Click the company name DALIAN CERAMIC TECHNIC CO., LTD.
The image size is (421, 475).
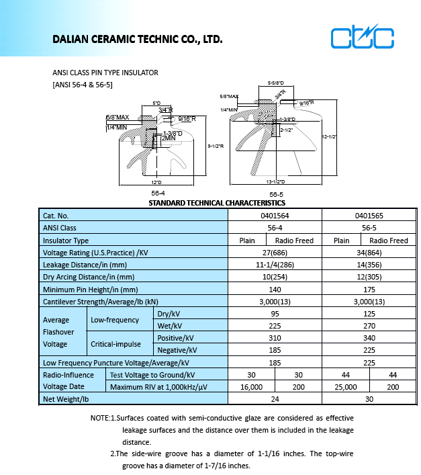coord(137,40)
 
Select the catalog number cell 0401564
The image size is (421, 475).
coord(275,216)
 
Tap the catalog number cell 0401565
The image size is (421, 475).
coord(369,216)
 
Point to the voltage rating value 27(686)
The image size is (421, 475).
coord(275,253)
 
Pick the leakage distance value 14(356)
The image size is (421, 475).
coord(369,265)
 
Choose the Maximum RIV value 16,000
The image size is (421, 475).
coord(251,388)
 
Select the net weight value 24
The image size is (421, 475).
coord(275,400)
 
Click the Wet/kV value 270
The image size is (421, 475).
coord(369,326)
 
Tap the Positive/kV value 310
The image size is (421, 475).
coord(275,338)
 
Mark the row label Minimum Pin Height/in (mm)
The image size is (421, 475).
coord(91,290)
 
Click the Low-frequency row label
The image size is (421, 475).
coord(115,320)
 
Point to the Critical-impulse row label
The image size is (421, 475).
coord(116,344)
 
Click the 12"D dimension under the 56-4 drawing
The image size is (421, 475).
coord(157,182)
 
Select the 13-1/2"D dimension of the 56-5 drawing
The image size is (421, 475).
coord(276,181)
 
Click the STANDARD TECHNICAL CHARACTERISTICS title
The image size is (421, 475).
coord(216,203)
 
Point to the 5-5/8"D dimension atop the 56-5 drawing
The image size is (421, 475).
coord(276,83)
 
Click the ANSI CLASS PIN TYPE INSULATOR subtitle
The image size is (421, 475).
coord(105,73)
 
